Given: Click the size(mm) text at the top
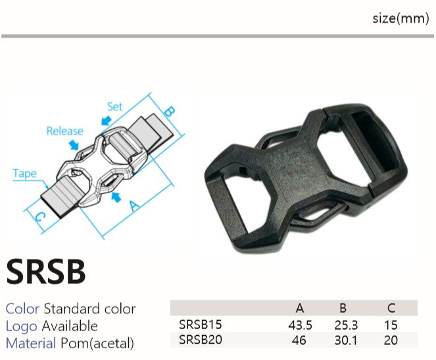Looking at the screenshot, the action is click(400, 18).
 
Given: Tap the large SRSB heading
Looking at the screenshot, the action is click(46, 271).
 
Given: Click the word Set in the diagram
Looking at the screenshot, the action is click(115, 106).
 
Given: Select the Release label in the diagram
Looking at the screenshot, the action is click(65, 131).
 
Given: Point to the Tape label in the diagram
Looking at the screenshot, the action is click(25, 174).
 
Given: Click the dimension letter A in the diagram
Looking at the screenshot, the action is click(134, 206).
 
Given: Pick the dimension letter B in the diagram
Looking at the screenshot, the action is click(170, 111).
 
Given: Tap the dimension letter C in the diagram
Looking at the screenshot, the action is click(40, 217).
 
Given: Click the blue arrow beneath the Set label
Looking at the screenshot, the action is click(107, 121).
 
